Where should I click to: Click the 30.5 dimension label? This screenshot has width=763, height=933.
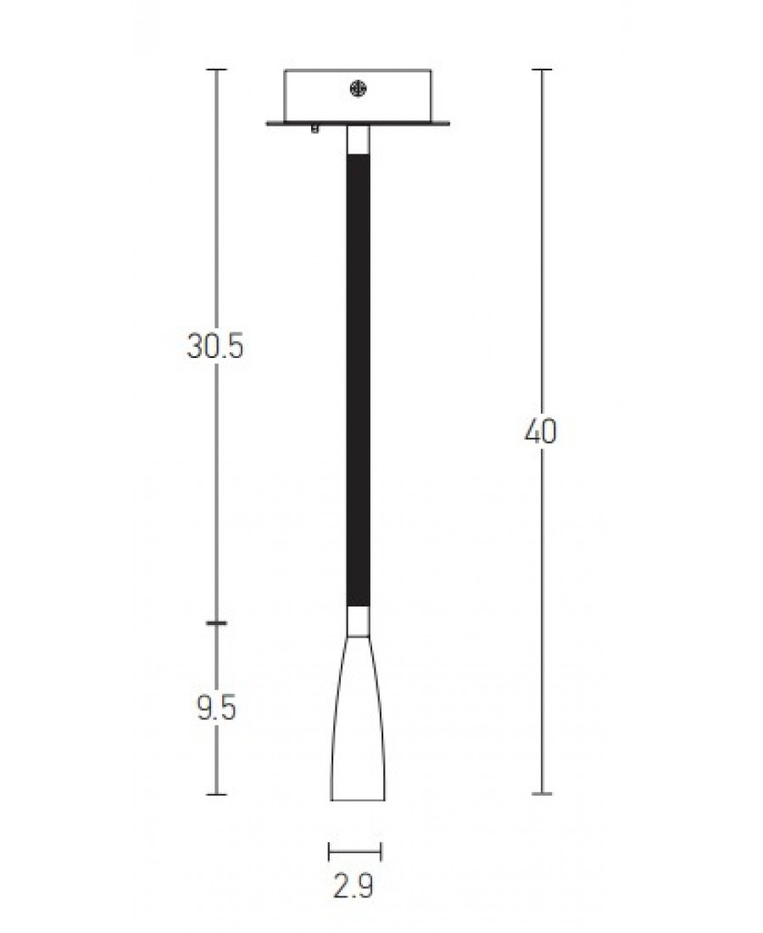pos(215,346)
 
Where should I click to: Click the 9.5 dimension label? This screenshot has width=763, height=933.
pos(216,708)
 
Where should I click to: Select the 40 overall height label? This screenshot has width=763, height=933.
pos(541,432)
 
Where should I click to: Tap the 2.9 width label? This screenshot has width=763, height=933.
pos(354,886)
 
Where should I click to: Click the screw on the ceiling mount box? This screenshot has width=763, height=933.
pos(358,89)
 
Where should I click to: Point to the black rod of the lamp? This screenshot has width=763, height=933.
pos(358,381)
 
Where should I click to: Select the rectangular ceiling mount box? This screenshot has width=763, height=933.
pos(358,96)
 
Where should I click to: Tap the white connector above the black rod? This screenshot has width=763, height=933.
pos(358,141)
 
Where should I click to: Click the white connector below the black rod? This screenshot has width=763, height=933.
pos(358,622)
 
